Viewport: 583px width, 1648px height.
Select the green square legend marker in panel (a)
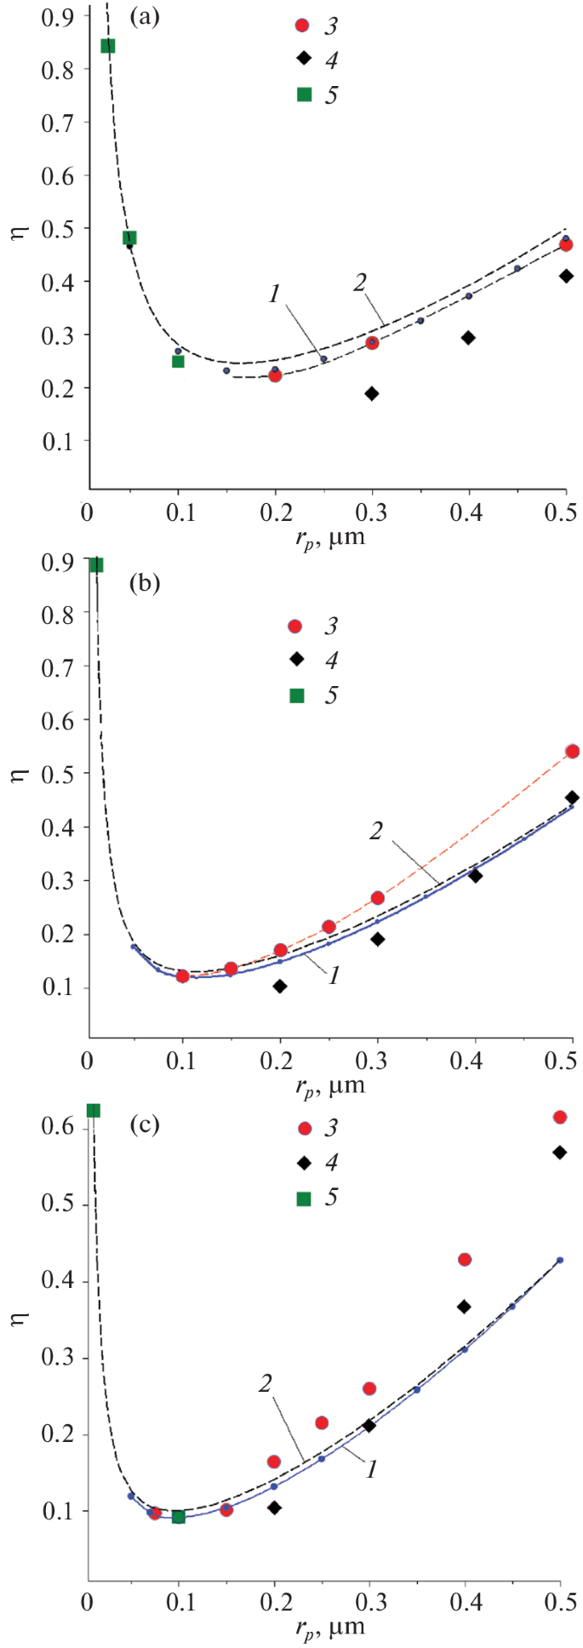304,94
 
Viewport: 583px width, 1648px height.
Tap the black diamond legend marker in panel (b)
295,660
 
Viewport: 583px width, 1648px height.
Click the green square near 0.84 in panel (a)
108,46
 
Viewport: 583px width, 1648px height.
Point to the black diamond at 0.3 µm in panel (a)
372,393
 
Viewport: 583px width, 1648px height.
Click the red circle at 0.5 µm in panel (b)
572,751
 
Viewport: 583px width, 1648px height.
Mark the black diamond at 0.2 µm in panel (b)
280,986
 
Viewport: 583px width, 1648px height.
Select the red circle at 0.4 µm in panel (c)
465,1259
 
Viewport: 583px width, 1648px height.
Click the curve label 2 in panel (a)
361,283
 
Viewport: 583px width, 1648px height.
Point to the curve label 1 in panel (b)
334,976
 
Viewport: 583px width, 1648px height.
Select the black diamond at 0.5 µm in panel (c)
559,1152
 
